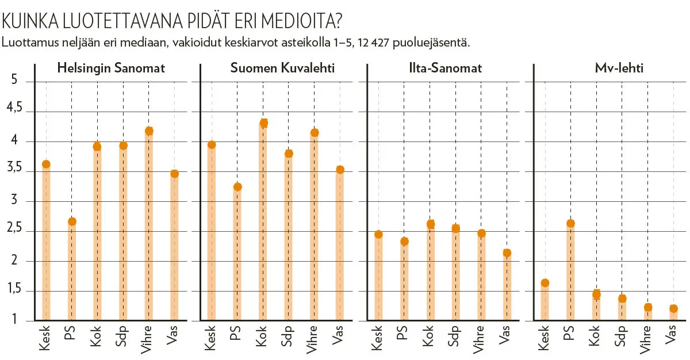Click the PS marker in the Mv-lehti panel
click(570, 224)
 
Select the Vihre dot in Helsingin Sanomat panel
click(149, 131)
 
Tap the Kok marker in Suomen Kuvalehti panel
click(264, 123)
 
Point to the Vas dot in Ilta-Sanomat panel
click(507, 253)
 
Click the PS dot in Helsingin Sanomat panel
click(72, 222)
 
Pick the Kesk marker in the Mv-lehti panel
click(545, 283)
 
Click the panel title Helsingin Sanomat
click(111, 68)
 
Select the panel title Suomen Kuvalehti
click(282, 68)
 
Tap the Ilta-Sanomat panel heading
click(442, 68)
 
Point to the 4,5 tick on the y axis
click(14, 112)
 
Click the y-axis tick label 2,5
click(14, 231)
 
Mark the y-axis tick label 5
click(14, 82)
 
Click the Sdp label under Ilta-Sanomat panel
click(455, 337)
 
